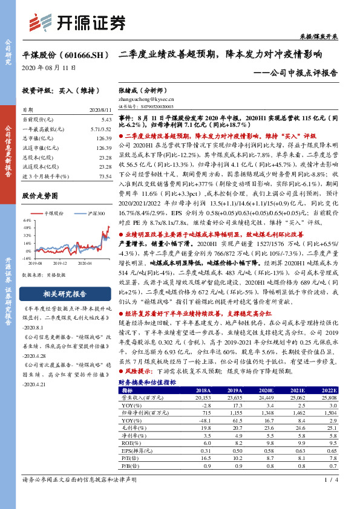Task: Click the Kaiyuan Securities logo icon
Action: click(x=42, y=22)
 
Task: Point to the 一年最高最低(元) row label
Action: click(x=43, y=129)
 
